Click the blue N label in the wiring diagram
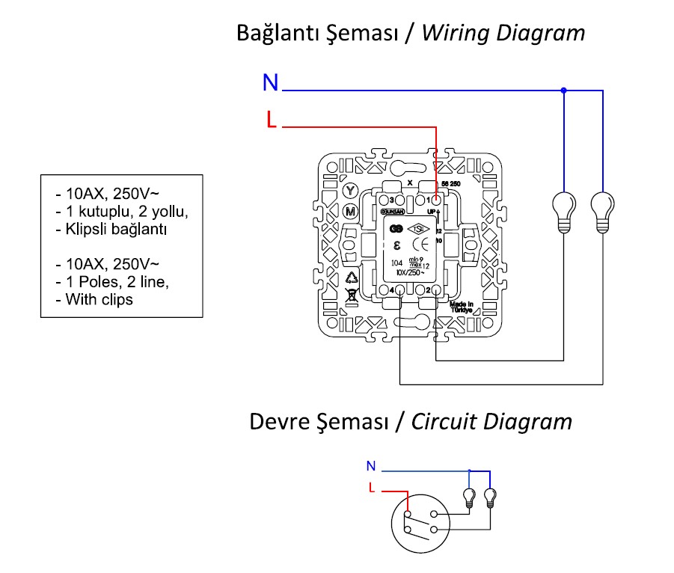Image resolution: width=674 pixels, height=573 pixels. [x=270, y=83]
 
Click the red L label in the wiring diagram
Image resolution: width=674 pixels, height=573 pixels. [x=272, y=120]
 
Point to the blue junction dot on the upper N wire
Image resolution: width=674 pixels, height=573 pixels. [x=563, y=91]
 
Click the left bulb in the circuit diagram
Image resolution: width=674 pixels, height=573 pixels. [x=469, y=496]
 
